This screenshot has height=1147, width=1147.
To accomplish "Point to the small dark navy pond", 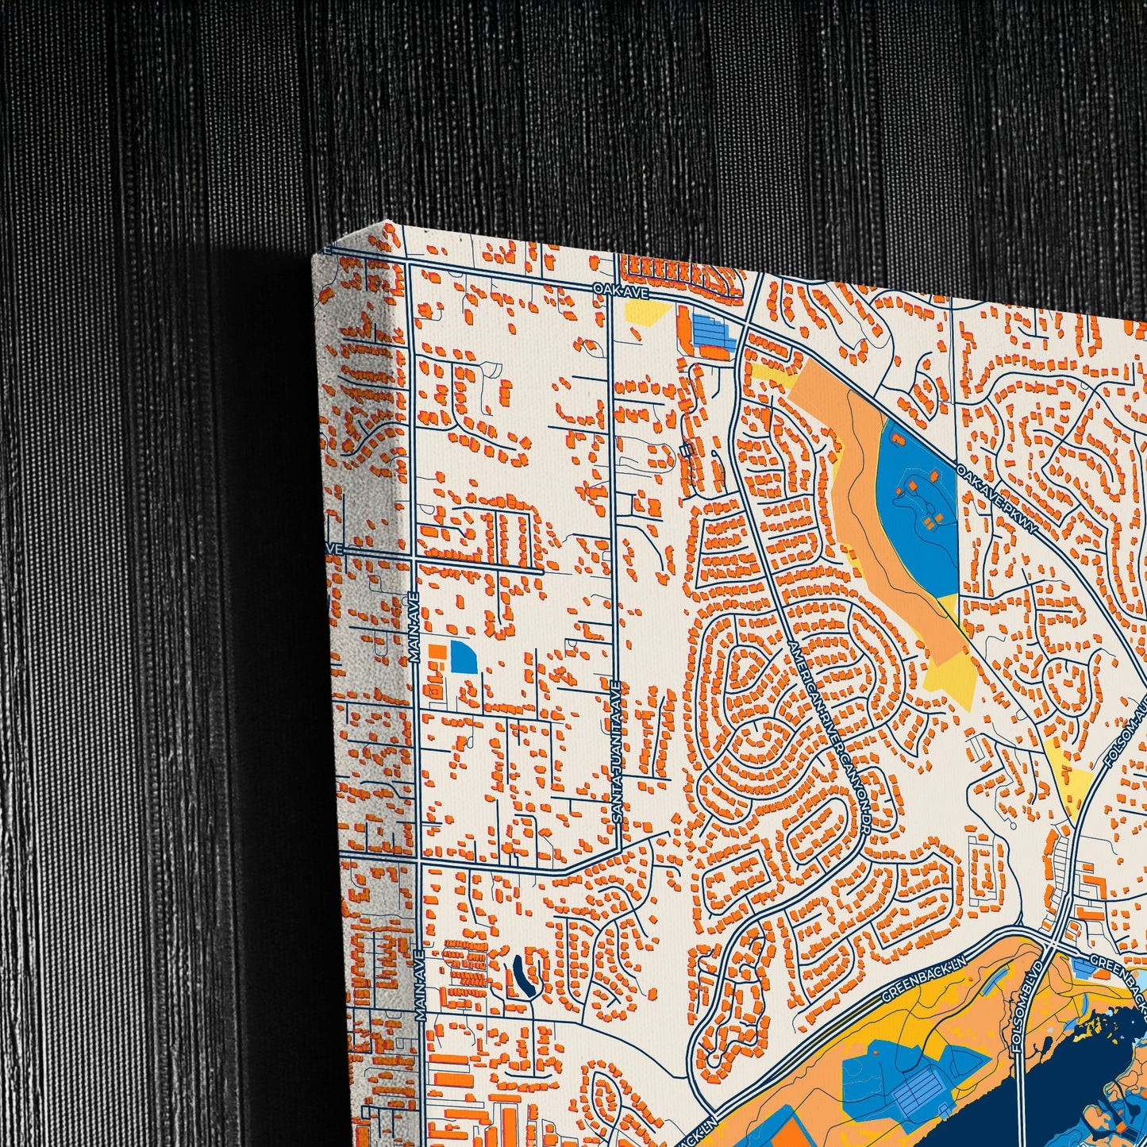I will pos(521,976).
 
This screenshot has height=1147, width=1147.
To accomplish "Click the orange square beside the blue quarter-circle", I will pos(435,652).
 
